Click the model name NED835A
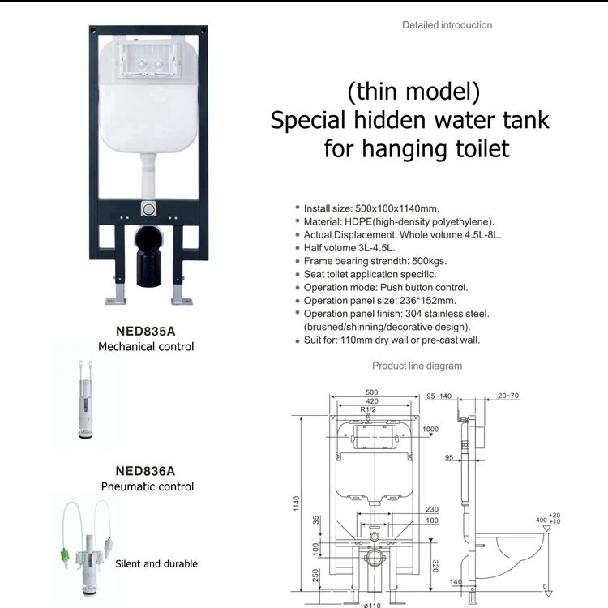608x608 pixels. coord(146,331)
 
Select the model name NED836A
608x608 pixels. coord(146,469)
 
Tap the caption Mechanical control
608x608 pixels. coord(146,347)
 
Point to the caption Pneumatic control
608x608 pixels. coord(148,486)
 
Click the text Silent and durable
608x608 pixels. coord(156,563)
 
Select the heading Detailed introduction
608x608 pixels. coord(447,25)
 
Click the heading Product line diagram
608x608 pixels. coord(417,366)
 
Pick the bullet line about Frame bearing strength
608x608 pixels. coord(375,261)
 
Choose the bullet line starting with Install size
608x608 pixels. coord(371,208)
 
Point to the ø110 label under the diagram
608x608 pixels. coord(372,604)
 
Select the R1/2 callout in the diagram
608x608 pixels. coord(370,411)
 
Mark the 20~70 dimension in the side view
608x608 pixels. coord(509,396)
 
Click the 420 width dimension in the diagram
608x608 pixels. coord(372,400)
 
